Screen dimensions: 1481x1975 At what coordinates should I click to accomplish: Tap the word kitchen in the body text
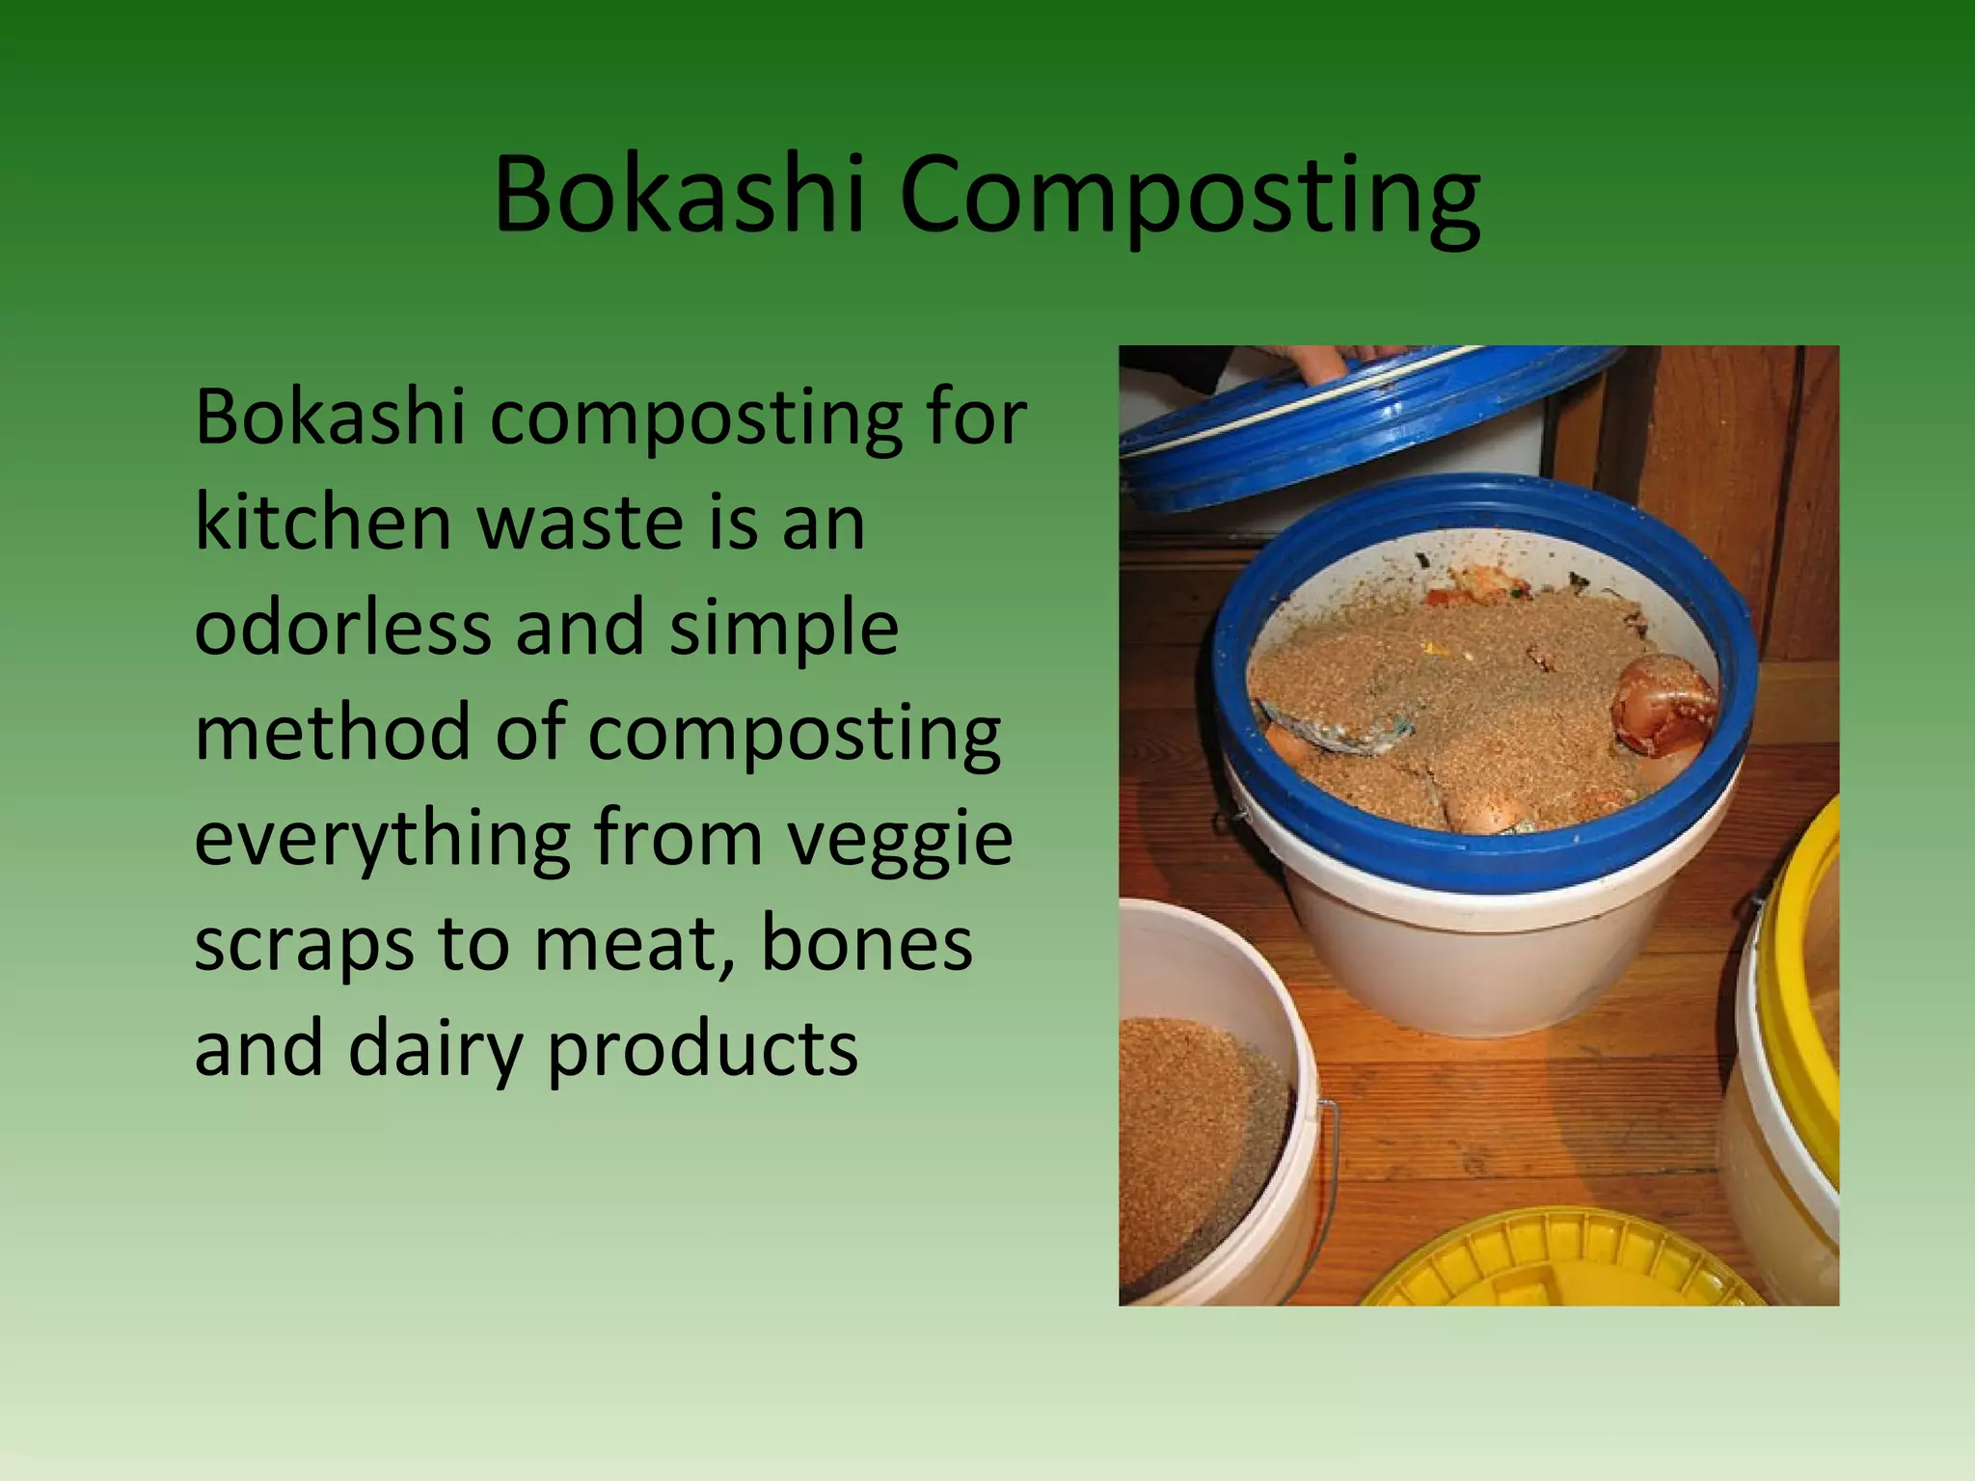[x=323, y=522]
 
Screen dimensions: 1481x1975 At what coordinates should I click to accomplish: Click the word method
[x=332, y=732]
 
